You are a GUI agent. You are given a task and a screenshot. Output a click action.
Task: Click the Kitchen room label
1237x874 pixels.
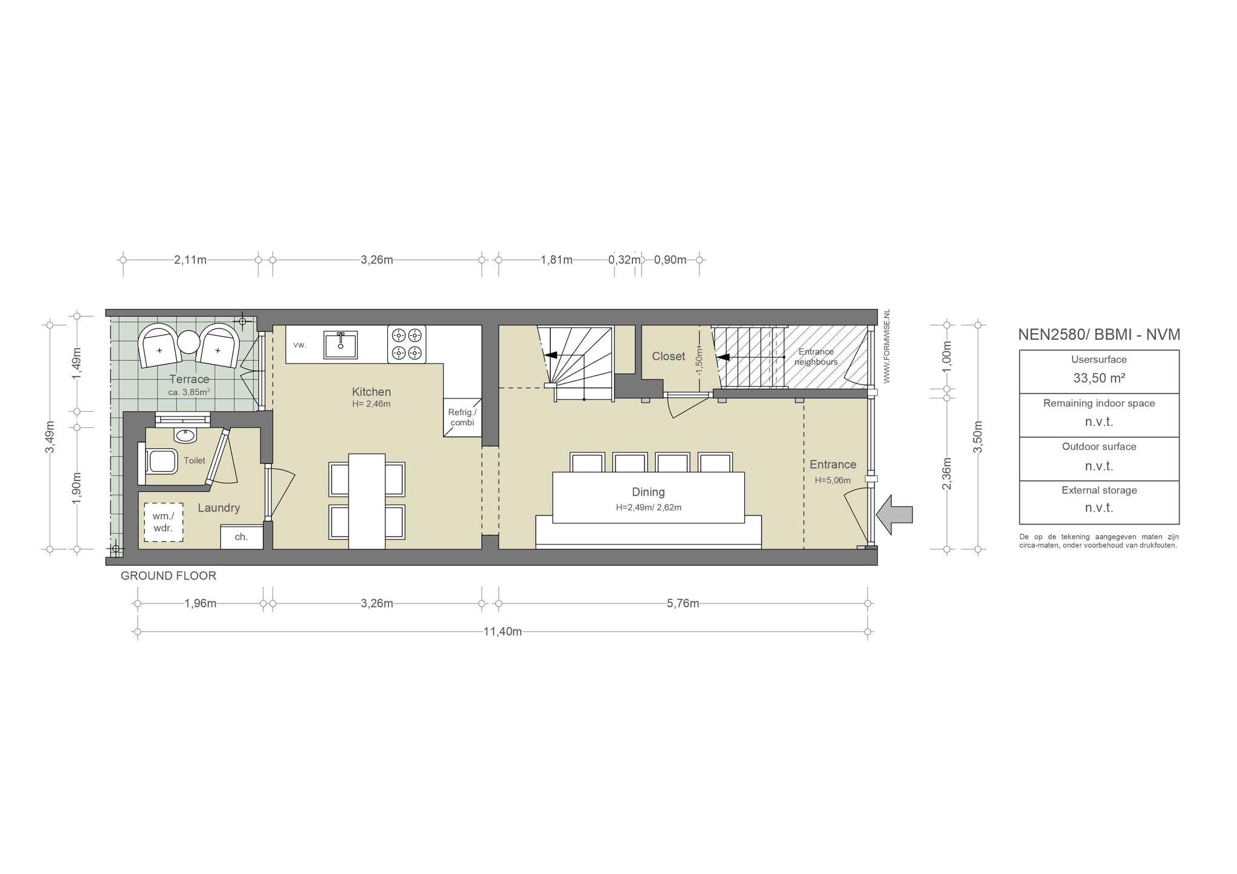(x=371, y=392)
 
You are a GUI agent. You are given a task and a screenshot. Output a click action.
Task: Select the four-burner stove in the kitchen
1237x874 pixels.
(x=406, y=344)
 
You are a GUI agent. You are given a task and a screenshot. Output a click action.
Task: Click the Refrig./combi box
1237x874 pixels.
(x=462, y=418)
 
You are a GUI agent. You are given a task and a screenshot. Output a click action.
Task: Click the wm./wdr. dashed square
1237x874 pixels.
(x=164, y=522)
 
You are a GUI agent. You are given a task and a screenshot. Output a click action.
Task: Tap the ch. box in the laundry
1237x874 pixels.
(x=242, y=537)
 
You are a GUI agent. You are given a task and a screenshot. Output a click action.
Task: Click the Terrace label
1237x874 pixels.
(x=189, y=379)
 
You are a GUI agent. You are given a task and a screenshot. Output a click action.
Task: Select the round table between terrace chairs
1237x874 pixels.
(x=188, y=342)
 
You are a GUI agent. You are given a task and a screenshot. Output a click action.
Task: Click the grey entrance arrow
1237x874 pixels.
(x=895, y=514)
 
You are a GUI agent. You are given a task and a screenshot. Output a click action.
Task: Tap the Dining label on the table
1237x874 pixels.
(x=648, y=492)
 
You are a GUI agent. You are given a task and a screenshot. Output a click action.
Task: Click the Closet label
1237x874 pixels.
(x=669, y=357)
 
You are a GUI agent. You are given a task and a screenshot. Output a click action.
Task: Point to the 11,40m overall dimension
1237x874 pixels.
(x=503, y=632)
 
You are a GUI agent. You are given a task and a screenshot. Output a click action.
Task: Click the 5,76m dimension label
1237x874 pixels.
(x=683, y=603)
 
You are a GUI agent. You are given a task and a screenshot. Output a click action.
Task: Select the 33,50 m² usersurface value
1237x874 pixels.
(x=1099, y=378)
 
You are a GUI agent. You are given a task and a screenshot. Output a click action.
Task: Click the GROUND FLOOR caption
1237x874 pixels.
(x=169, y=576)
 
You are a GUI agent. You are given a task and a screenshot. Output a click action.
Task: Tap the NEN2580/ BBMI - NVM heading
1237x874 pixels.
(x=1099, y=334)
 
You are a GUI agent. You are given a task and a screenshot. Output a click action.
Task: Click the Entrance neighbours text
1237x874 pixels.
(x=816, y=357)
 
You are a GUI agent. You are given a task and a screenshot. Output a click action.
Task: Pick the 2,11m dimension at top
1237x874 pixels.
(x=190, y=260)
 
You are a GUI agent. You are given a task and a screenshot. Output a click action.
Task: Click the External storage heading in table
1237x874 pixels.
(x=1099, y=490)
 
